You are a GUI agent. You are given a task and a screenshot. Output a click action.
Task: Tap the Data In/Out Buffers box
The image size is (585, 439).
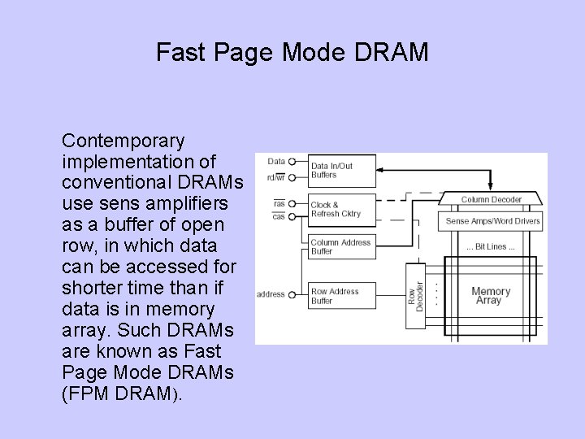[x=341, y=170]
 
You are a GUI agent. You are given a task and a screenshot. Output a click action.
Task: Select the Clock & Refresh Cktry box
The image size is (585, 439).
[x=341, y=209]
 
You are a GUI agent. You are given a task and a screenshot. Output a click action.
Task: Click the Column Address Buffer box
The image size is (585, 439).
[x=341, y=246]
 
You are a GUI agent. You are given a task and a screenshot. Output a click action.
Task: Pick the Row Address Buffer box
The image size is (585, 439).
[x=341, y=296]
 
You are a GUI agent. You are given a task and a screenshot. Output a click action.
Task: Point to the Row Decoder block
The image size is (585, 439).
[x=415, y=297]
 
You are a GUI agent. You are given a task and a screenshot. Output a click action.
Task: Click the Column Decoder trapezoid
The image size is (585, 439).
[x=492, y=199]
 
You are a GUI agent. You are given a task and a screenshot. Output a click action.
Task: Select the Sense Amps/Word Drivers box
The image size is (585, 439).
[x=492, y=220]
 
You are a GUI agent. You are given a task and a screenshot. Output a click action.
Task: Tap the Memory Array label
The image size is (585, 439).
[x=491, y=296]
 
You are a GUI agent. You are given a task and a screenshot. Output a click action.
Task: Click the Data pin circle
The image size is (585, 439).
[x=292, y=161]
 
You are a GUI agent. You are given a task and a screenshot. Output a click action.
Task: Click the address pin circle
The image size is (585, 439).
[x=292, y=294]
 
